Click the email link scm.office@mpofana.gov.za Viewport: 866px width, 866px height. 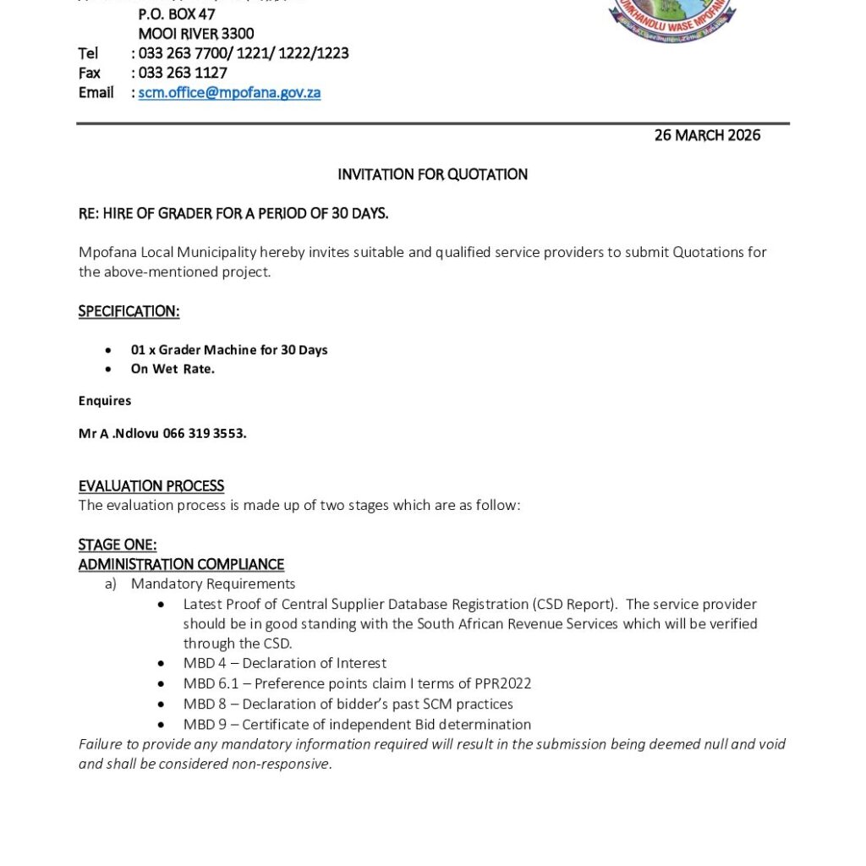click(x=229, y=93)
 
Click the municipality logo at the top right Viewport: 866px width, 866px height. click(x=672, y=19)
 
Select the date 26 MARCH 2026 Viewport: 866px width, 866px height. click(x=707, y=135)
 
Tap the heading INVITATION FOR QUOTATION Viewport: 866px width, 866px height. click(x=432, y=175)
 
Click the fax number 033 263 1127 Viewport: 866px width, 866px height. click(x=183, y=74)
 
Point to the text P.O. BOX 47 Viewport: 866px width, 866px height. click(x=177, y=14)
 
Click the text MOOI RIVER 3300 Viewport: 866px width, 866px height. click(x=195, y=35)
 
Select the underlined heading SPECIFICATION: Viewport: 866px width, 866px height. click(x=129, y=311)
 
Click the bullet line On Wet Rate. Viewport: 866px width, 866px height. click(x=173, y=369)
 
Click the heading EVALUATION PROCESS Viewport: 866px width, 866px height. click(x=151, y=486)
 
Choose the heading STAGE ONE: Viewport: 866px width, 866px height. click(x=118, y=545)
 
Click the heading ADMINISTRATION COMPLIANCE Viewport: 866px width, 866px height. click(x=181, y=564)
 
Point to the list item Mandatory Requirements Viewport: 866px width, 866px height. click(x=213, y=584)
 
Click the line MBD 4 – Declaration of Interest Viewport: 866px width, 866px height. click(x=284, y=663)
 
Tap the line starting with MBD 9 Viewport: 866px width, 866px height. click(x=357, y=724)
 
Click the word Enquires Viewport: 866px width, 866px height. click(x=105, y=401)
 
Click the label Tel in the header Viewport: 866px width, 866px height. click(x=88, y=54)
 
